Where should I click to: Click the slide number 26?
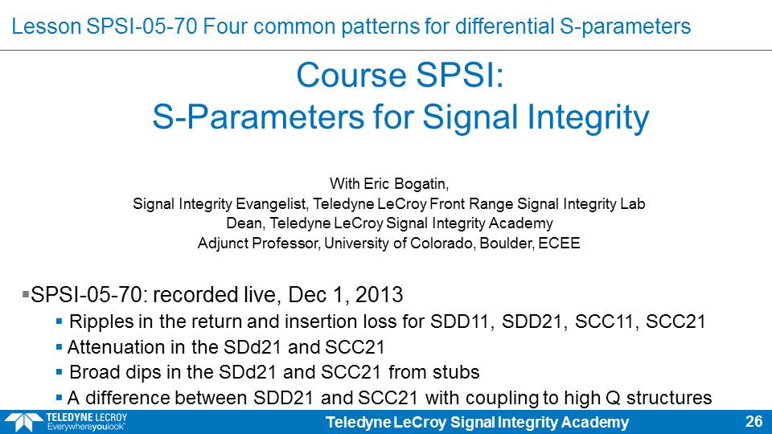click(754, 421)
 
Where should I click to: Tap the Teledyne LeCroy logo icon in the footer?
click(23, 423)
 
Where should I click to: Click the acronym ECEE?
click(559, 243)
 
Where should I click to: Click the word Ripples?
click(101, 321)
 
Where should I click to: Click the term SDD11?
click(460, 321)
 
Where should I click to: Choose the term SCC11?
click(605, 321)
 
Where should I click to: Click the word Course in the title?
click(350, 76)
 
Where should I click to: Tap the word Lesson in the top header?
click(47, 26)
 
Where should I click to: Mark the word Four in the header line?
click(225, 26)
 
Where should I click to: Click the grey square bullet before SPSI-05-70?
click(26, 294)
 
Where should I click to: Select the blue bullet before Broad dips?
click(59, 371)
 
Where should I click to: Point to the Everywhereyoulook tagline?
click(86, 427)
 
